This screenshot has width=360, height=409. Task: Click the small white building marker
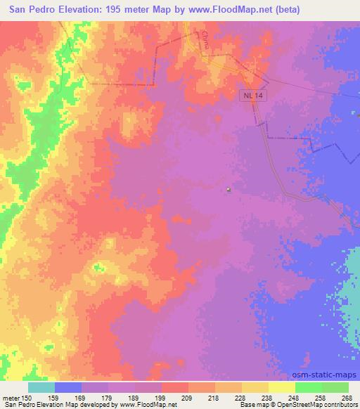click(229, 189)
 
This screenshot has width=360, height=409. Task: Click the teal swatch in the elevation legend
click(41, 387)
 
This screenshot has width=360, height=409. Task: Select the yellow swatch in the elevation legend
click(281, 387)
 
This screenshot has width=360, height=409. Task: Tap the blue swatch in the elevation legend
click(68, 387)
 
